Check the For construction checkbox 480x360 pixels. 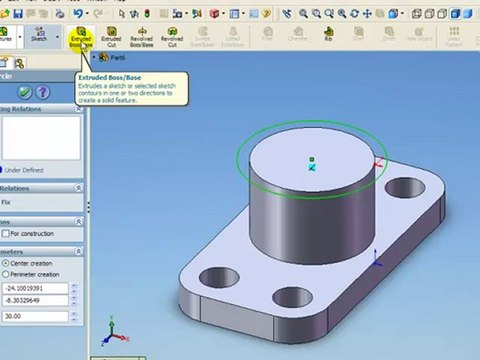coord(6,234)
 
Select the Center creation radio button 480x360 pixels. coord(6,263)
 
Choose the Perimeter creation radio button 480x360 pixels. coord(6,274)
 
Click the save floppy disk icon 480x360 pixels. coord(17,13)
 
